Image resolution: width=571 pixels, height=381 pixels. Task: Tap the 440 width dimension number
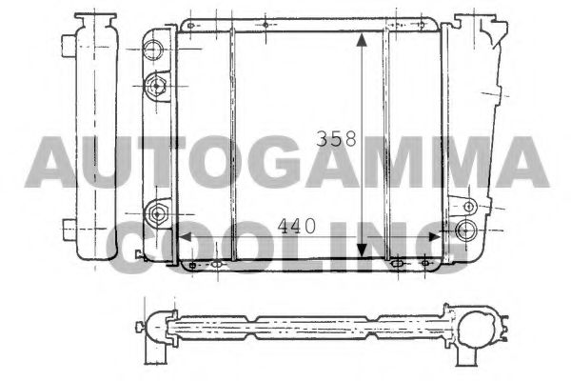pyautogui.click(x=298, y=227)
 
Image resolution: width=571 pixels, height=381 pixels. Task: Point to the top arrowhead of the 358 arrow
pyautogui.click(x=362, y=40)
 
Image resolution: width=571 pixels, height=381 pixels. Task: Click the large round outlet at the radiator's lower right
pyautogui.click(x=464, y=230)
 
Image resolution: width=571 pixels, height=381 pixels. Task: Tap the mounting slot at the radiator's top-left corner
pyautogui.click(x=189, y=23)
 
